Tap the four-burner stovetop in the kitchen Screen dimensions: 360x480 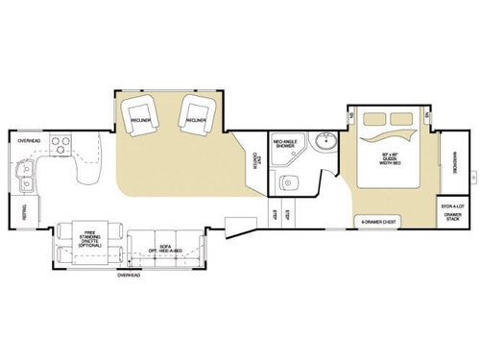coord(61,145)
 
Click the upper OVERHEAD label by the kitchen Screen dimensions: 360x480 coord(28,141)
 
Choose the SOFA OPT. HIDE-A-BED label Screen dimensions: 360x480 coord(165,247)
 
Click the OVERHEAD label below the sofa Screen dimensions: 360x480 coord(129,276)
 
